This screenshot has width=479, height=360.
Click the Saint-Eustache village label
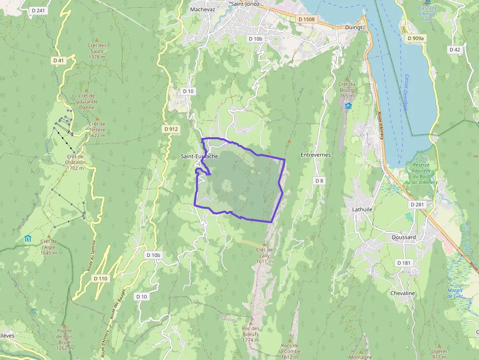point(199,156)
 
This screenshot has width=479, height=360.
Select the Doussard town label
point(404,237)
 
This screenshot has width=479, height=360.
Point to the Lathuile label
point(362,209)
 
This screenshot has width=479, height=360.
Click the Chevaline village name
point(402,293)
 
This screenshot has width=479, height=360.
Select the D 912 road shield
point(172,129)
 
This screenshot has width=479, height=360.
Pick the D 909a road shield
point(416,38)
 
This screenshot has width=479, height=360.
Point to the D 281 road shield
point(418,204)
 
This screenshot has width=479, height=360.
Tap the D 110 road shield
point(100,278)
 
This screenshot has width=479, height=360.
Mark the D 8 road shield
point(319,181)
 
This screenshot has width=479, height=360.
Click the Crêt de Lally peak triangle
point(264,244)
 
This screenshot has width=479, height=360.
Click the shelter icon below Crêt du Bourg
point(348,106)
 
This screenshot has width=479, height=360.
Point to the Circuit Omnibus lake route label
point(406,92)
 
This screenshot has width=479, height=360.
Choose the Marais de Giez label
point(455,293)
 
